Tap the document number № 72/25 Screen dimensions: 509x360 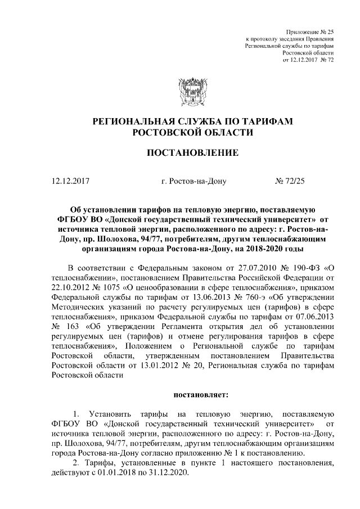[x=289, y=182]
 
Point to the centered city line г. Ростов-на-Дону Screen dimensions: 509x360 [x=193, y=182]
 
